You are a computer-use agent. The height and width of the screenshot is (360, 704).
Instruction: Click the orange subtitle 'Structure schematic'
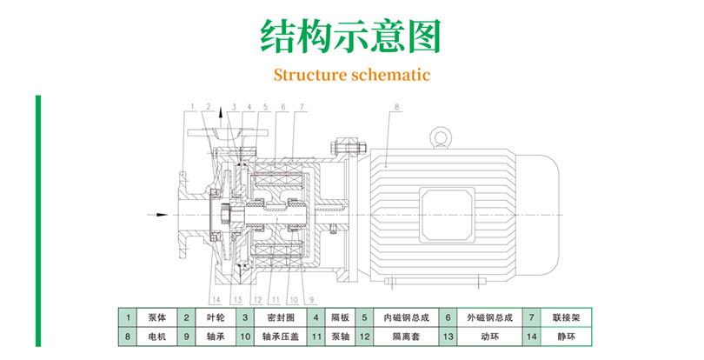(352, 74)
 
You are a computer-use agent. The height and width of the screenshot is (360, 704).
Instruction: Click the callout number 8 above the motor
(395, 109)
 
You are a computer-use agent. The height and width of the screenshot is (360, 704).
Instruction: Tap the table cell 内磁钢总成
(399, 317)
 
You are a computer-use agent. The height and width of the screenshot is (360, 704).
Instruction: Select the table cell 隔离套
(399, 335)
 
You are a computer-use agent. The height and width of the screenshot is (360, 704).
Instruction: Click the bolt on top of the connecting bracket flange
(343, 141)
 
